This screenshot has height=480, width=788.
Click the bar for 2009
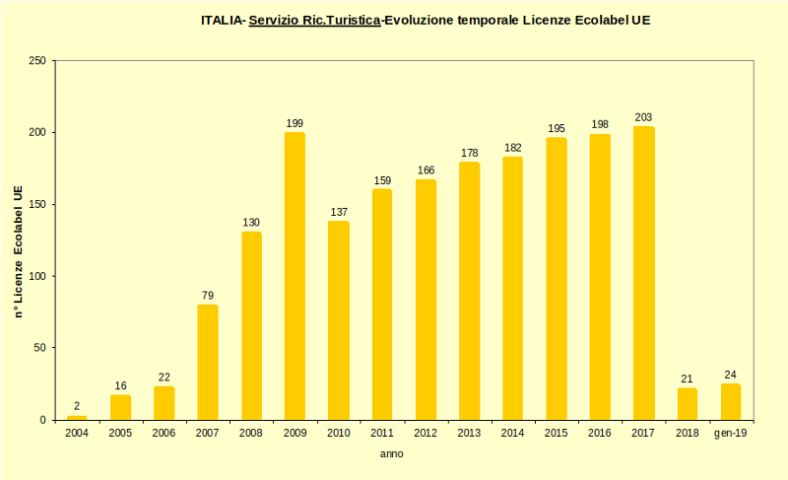tap(295, 276)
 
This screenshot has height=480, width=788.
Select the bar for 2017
tap(643, 273)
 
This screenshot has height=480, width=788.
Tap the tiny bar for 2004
tap(77, 417)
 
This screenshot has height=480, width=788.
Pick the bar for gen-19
tap(730, 401)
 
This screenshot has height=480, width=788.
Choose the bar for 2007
tap(207, 362)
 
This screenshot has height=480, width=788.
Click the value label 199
tap(295, 123)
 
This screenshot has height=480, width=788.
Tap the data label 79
tap(207, 296)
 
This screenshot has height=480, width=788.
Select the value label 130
tap(251, 222)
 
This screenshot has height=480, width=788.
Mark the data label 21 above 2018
tap(687, 379)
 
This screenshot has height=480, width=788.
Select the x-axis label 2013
tap(469, 433)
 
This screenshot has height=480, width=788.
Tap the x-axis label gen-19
tap(730, 433)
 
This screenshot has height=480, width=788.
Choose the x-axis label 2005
tap(120, 433)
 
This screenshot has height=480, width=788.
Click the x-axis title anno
tap(391, 454)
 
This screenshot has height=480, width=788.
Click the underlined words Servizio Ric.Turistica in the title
tap(314, 20)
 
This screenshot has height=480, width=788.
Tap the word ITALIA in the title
tap(222, 20)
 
